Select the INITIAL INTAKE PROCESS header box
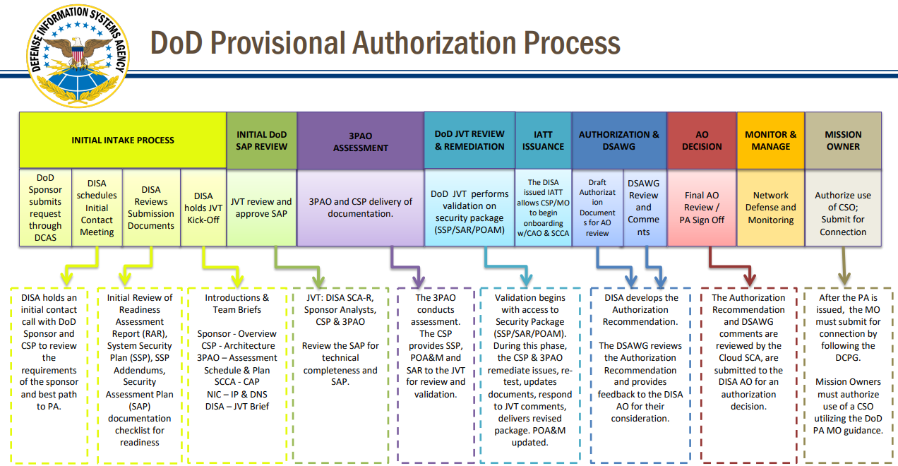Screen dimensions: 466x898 (x=122, y=140)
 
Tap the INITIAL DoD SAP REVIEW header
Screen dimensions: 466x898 (x=261, y=140)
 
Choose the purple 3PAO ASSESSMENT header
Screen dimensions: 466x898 (x=360, y=141)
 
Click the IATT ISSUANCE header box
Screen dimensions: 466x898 (x=543, y=140)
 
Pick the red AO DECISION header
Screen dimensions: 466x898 (x=702, y=140)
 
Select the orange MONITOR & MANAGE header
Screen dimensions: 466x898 (x=770, y=140)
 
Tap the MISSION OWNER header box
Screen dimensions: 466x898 (x=843, y=140)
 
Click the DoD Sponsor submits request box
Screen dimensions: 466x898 (x=45, y=207)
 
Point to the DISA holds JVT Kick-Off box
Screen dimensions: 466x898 (x=203, y=207)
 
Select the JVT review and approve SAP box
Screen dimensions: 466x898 (x=261, y=207)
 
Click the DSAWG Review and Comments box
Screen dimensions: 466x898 (x=643, y=207)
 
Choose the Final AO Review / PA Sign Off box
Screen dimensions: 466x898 (x=702, y=207)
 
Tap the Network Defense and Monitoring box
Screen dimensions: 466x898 (x=770, y=207)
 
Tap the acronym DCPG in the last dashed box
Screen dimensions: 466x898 (x=843, y=358)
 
